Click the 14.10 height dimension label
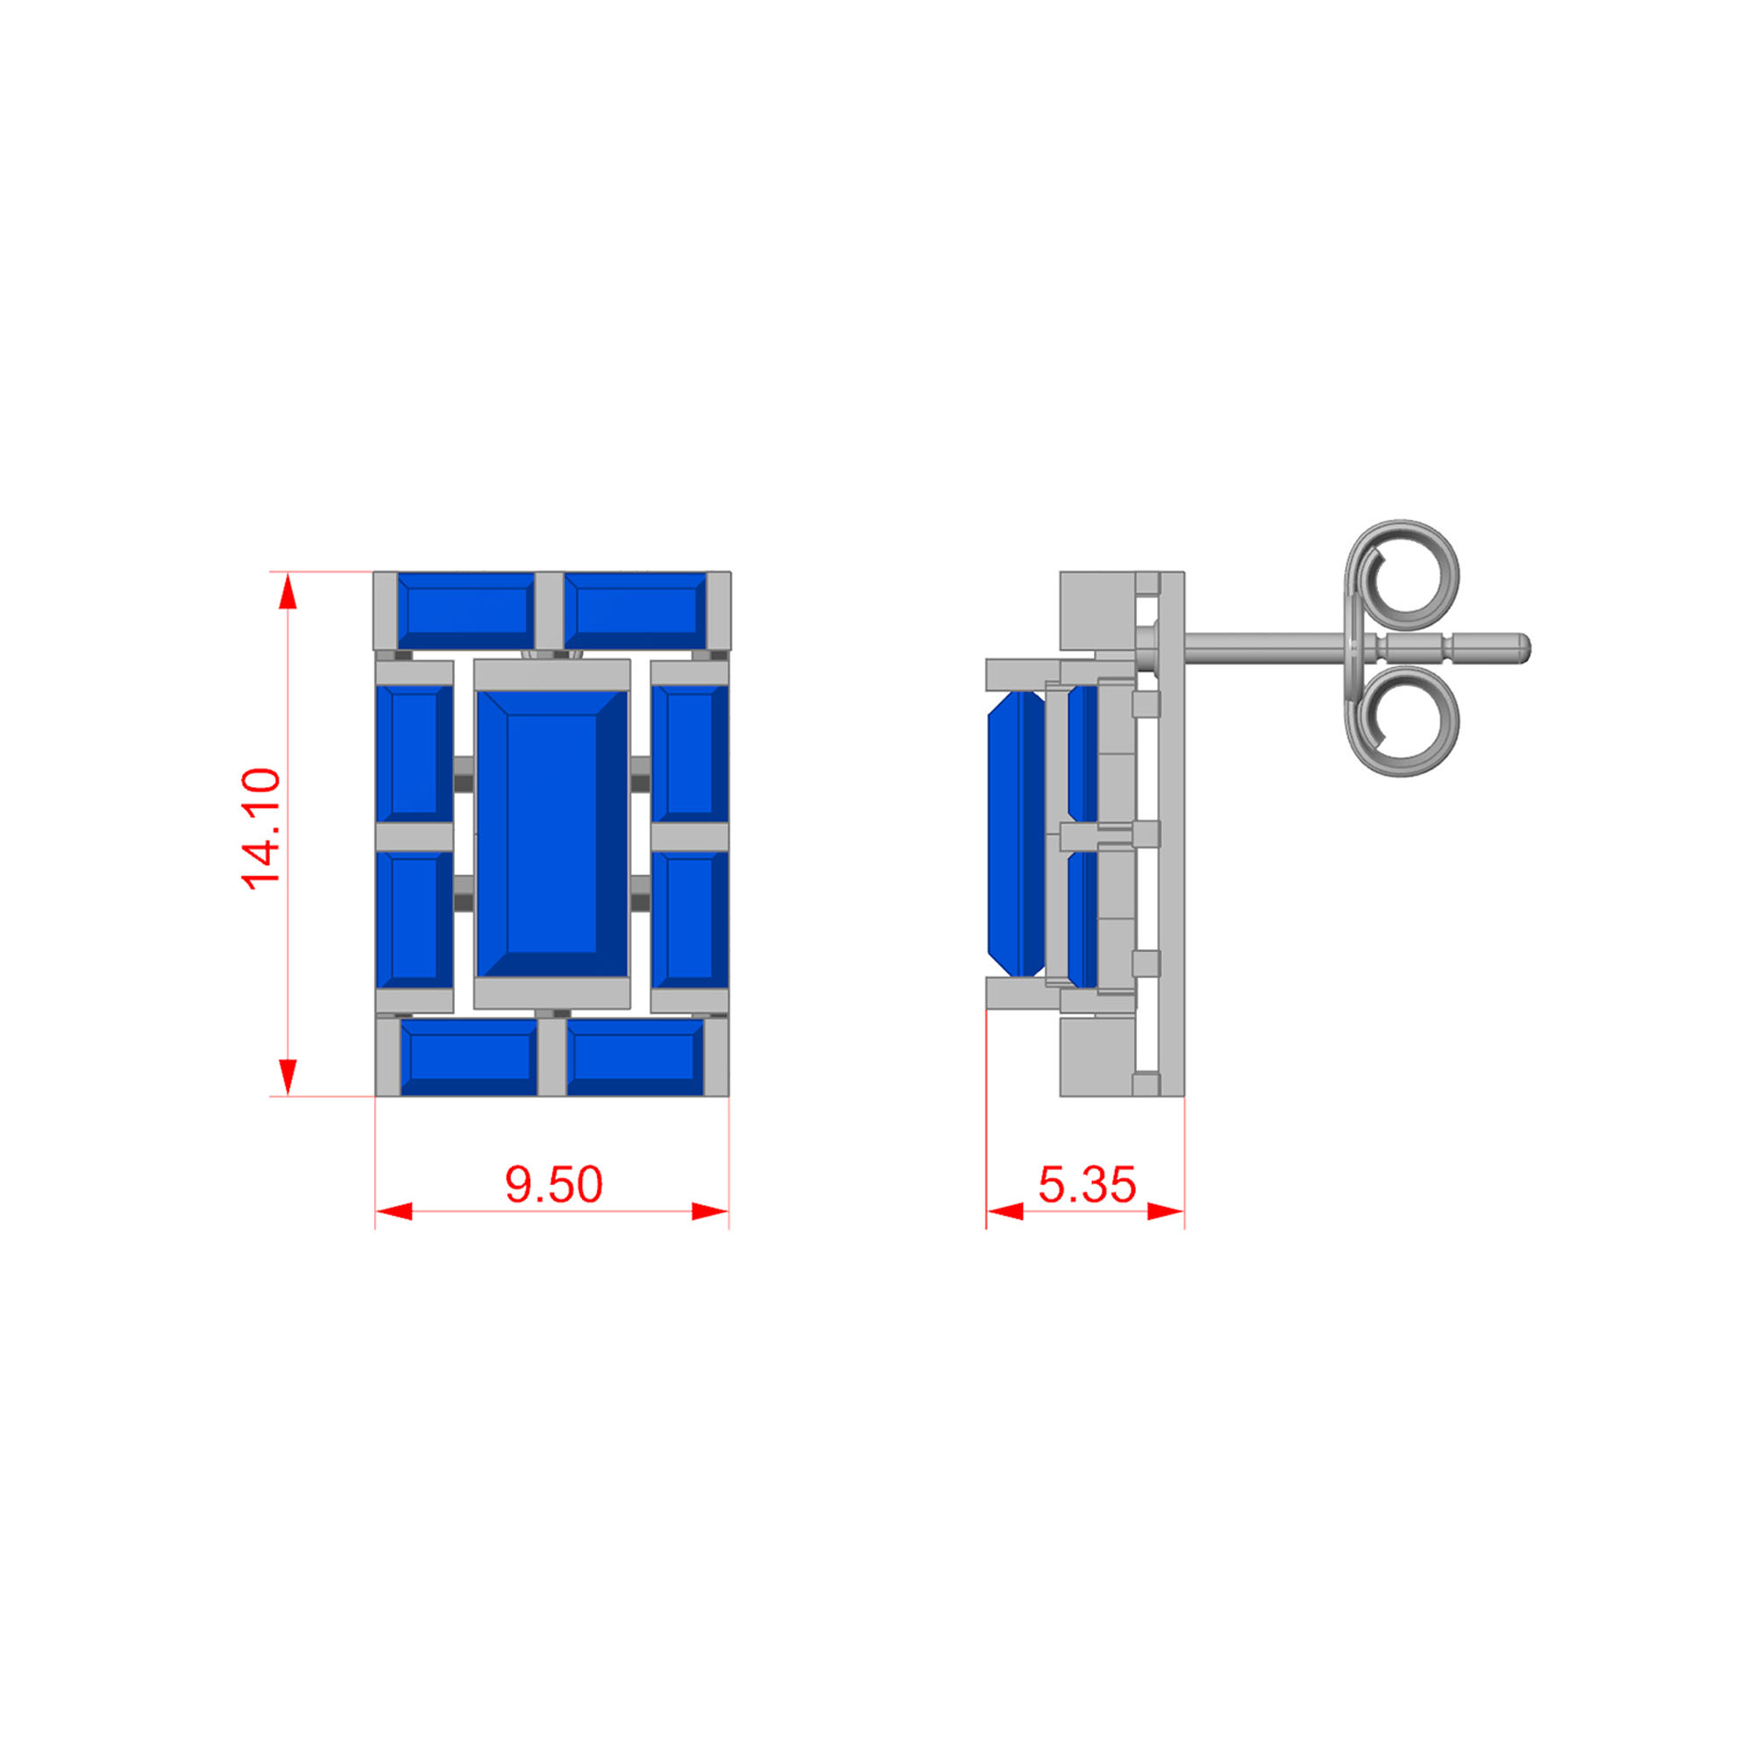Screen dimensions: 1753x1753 tap(261, 828)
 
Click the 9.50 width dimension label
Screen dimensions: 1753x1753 tap(553, 1185)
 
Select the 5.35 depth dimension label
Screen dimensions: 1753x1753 tap(1087, 1185)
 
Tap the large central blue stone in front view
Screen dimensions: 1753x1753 tap(551, 834)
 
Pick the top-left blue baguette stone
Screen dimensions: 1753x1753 tap(465, 611)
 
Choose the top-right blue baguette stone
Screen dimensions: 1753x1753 tap(636, 611)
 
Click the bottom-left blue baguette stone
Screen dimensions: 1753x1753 tap(469, 1057)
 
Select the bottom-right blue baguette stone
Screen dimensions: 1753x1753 tap(635, 1057)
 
